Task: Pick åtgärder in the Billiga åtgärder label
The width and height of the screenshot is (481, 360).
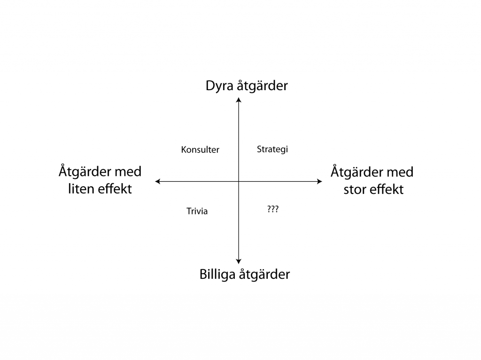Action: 264,275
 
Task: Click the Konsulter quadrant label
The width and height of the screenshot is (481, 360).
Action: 200,150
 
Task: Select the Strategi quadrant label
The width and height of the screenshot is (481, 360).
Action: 272,149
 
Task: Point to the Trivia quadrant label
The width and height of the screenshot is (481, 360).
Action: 197,211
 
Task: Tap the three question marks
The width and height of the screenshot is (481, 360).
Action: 273,209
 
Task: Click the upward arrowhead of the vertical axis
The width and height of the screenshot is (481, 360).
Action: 239,100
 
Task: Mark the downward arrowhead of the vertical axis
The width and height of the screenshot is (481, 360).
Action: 239,261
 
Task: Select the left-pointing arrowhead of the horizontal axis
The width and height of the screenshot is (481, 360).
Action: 158,182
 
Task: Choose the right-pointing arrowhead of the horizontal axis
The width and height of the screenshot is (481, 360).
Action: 319,182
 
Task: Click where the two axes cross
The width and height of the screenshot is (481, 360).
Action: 239,182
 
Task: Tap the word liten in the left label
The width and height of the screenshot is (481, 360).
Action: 81,189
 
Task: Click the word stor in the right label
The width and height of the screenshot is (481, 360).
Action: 354,190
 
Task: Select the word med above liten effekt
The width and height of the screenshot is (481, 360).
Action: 128,172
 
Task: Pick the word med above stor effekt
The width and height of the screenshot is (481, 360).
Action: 400,172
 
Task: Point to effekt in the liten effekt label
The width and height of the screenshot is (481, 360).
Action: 115,189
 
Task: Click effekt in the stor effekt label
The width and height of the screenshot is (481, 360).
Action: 386,190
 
